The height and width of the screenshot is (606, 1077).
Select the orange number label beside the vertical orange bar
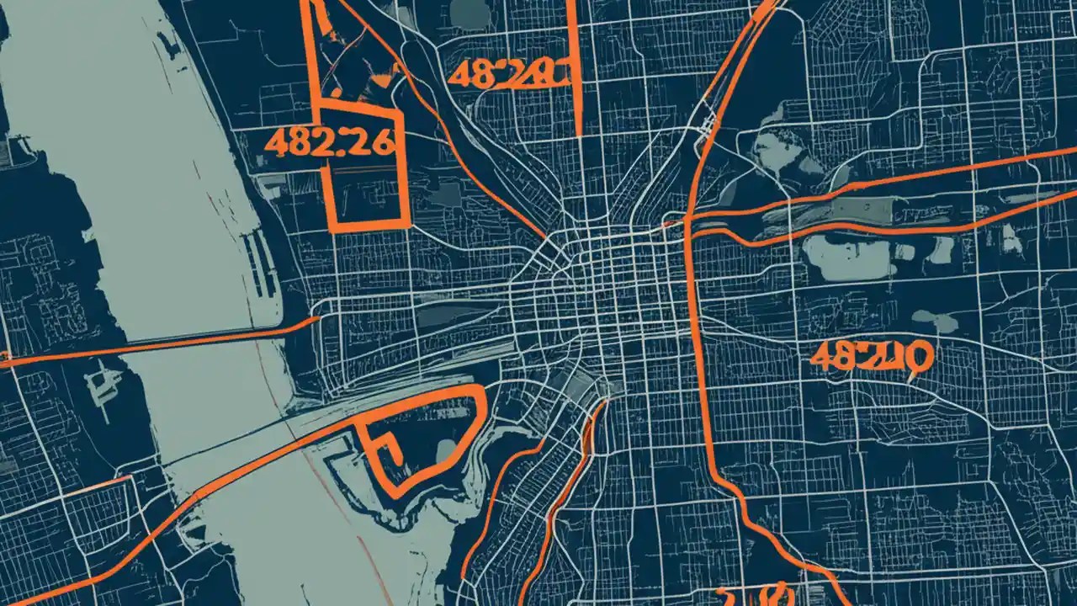(508, 73)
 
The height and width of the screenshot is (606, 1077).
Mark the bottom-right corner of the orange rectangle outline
(409, 226)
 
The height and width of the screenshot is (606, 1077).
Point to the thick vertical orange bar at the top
(577, 67)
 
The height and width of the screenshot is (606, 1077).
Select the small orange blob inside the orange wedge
(383, 80)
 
